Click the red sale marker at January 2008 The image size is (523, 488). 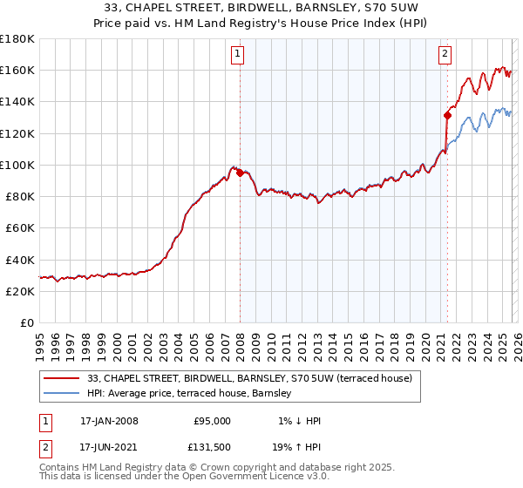tap(240, 173)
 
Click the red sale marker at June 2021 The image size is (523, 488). tap(447, 115)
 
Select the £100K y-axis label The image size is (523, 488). tap(17, 165)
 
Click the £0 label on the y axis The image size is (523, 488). tap(26, 323)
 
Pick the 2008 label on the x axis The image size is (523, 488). tap(240, 344)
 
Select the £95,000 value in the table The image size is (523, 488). tap(212, 421)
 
